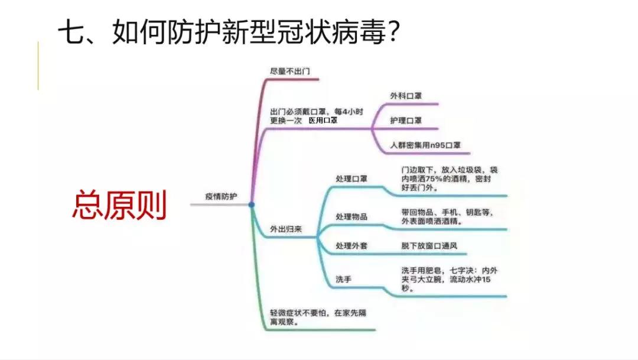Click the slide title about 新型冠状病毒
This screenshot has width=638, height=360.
229,32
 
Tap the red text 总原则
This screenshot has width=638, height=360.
119,205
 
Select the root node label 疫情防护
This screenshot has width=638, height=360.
221,197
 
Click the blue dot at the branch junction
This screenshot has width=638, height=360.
252,205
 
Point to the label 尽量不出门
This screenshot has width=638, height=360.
289,72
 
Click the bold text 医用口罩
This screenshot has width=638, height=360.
323,121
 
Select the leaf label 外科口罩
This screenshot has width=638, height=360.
406,96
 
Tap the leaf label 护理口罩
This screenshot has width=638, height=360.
406,121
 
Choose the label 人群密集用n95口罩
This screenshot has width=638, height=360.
425,145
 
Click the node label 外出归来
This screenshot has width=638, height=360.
286,229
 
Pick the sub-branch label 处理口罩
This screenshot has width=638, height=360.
351,179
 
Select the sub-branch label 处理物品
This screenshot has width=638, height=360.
351,217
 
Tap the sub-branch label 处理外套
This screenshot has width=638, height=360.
351,246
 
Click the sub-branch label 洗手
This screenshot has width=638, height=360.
343,280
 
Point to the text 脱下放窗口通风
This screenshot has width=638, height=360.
429,246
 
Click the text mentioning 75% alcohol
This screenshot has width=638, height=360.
449,179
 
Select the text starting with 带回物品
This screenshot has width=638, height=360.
447,217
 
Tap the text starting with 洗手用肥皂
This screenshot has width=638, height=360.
449,280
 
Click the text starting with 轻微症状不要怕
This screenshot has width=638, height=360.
318,317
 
